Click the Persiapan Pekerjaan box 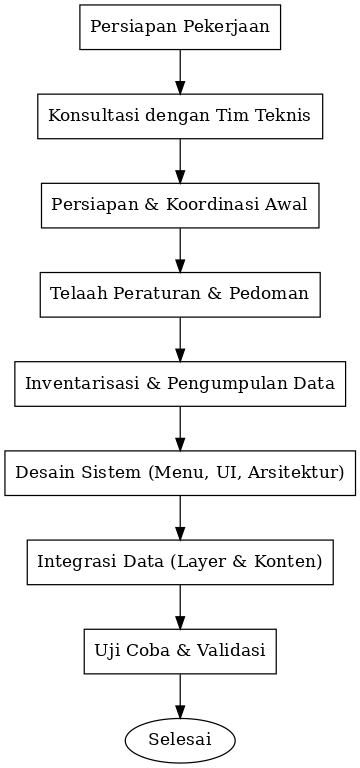tap(180, 27)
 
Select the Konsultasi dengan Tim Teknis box tap(180, 115)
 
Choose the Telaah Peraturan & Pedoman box tap(180, 293)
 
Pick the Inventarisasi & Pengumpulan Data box tap(180, 382)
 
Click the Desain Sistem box tap(180, 472)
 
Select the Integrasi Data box tap(180, 561)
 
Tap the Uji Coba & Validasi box tap(180, 651)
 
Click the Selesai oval tap(180, 740)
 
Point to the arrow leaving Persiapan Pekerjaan tap(180, 71)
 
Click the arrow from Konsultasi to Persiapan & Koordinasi tap(180, 160)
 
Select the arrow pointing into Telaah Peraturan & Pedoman tap(180, 249)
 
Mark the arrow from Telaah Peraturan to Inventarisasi tap(180, 338)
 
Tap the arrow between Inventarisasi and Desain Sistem tap(180, 427)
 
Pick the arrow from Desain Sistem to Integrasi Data tap(180, 517)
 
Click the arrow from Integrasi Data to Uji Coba tap(180, 606)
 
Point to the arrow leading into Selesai tap(180, 695)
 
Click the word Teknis tap(288, 115)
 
